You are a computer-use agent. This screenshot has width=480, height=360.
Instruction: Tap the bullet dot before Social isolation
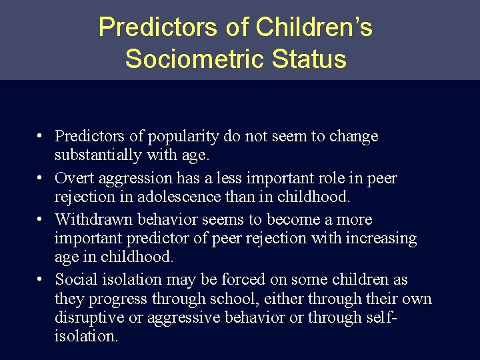(41, 279)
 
